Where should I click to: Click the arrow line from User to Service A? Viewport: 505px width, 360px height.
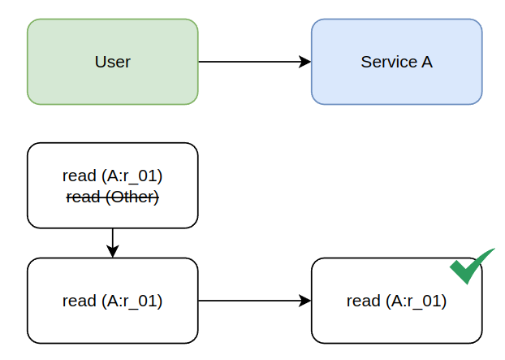pos(252,62)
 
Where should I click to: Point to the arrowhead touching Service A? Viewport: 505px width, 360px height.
pos(305,62)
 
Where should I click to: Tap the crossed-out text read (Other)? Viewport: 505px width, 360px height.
pos(112,197)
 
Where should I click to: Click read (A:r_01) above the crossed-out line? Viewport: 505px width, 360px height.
pos(112,176)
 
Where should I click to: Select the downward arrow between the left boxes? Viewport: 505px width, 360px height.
pos(112,241)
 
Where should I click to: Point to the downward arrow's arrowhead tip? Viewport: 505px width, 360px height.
pos(112,255)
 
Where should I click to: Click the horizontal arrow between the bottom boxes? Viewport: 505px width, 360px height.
pos(252,301)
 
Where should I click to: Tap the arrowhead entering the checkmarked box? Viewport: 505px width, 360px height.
pos(305,301)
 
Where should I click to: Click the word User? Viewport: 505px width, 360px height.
pos(112,62)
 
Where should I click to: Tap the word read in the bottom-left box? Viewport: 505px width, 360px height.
pos(79,301)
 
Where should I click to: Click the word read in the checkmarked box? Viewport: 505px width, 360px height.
pos(363,301)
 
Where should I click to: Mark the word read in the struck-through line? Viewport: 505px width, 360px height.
pos(81,197)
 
